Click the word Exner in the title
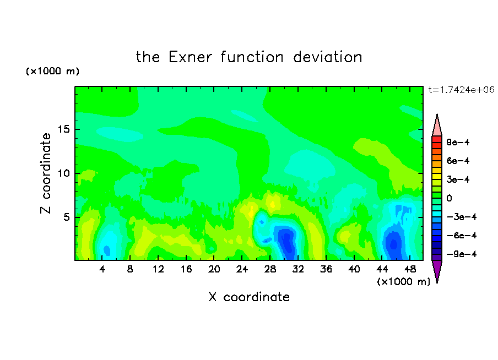(x=190, y=57)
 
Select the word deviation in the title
(x=327, y=57)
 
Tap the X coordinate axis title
(x=249, y=297)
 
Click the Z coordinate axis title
(x=45, y=173)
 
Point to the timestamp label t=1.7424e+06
(x=461, y=90)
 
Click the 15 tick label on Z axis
(x=63, y=129)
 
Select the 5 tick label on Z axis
(x=66, y=217)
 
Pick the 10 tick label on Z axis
(x=63, y=173)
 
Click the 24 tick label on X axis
(x=242, y=269)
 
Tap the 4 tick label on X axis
(x=102, y=269)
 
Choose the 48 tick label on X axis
(x=410, y=269)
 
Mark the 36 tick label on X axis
(x=326, y=269)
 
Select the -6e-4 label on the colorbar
(x=462, y=236)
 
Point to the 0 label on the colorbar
(x=449, y=198)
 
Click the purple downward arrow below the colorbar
(x=437, y=270)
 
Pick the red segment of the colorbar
(x=437, y=139)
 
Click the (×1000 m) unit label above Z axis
(x=52, y=71)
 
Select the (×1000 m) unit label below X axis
(x=403, y=282)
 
